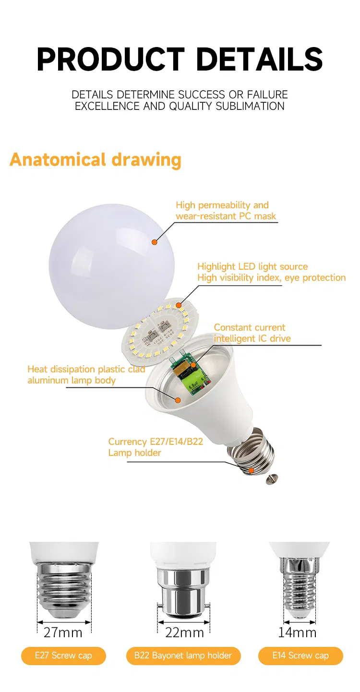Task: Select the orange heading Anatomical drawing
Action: coord(96,159)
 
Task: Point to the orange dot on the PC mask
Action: coord(155,242)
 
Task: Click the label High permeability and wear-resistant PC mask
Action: coord(226,211)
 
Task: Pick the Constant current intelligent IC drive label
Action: coord(252,333)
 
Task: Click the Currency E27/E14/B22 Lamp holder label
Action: coord(156,447)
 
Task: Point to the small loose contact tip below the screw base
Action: coord(272,479)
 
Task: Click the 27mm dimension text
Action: coord(63,632)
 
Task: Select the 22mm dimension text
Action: coord(184,632)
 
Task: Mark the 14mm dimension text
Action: coord(297,632)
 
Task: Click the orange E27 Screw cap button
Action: coord(63,656)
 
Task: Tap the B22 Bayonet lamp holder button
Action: coord(183,656)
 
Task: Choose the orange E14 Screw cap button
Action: coord(300,656)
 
